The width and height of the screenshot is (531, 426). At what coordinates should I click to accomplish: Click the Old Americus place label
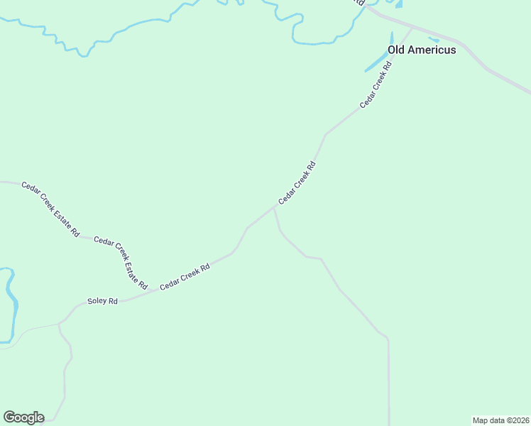tap(422, 50)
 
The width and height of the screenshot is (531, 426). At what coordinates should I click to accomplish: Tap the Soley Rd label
tap(102, 301)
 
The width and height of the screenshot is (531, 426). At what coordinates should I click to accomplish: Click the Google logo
tap(23, 417)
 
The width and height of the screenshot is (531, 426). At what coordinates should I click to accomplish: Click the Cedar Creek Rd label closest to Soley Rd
tap(185, 277)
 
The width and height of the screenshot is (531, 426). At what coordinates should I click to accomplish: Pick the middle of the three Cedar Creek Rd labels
tap(297, 183)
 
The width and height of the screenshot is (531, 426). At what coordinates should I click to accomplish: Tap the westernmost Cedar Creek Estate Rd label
tap(50, 209)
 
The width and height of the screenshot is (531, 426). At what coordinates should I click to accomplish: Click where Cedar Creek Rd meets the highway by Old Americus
tap(412, 28)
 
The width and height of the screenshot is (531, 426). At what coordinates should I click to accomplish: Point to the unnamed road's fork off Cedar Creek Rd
tap(274, 208)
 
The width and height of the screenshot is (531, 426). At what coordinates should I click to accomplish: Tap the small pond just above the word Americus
tap(433, 40)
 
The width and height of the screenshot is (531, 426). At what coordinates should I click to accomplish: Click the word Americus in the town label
tap(432, 50)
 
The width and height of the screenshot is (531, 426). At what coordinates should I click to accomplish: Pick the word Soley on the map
tap(97, 301)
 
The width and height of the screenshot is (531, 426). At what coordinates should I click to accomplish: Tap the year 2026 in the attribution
tap(521, 420)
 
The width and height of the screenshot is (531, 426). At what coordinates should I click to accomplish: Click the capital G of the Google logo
tap(9, 417)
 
